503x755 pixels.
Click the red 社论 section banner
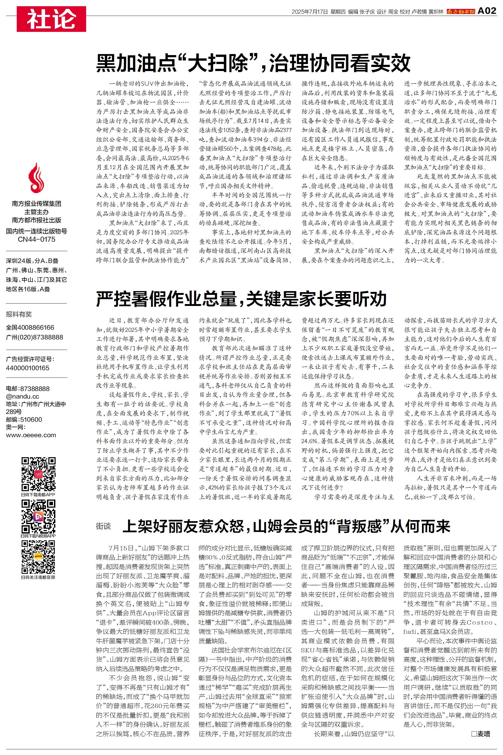(x=51, y=19)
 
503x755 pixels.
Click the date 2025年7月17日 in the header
(x=310, y=12)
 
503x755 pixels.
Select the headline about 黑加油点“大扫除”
(x=253, y=63)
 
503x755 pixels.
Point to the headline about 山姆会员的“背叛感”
(x=286, y=526)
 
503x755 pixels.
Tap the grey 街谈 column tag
(x=103, y=526)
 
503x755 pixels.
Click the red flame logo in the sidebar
(x=36, y=177)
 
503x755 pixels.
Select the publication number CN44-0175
(x=36, y=239)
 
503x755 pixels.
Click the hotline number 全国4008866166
(x=30, y=328)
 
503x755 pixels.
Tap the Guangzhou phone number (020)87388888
(x=35, y=337)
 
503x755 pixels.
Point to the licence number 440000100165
(x=28, y=368)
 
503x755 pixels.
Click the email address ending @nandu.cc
(x=22, y=396)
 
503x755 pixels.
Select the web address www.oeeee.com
(x=31, y=435)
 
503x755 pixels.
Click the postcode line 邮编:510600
(x=24, y=420)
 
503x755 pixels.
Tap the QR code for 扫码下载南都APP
(x=39, y=474)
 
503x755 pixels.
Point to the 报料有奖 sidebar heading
(x=19, y=314)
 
